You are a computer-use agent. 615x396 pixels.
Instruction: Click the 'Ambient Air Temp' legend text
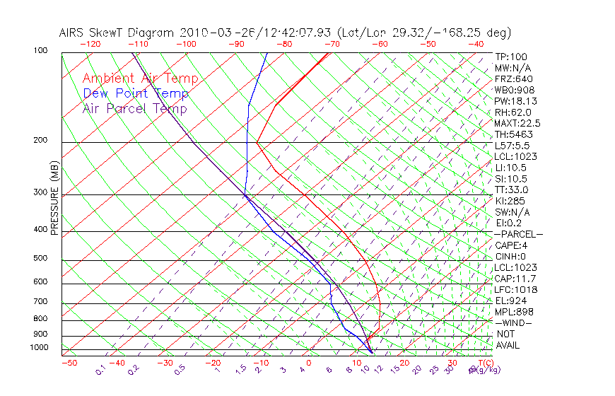coord(140,79)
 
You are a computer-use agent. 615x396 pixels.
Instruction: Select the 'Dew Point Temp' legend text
coord(136,94)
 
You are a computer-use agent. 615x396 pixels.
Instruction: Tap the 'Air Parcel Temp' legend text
coord(134,109)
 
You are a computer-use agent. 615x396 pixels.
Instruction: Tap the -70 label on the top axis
coord(331,44)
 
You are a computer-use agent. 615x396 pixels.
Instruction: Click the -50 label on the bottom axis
coord(69,363)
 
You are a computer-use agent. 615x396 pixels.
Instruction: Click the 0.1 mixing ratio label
coord(100,369)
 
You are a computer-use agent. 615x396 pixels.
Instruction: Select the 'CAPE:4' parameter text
coord(512,245)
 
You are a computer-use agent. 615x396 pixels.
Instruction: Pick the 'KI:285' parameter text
coord(509,201)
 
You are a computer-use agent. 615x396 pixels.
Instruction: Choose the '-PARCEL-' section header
coord(518,234)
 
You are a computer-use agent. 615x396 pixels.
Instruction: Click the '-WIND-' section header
coord(513,322)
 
